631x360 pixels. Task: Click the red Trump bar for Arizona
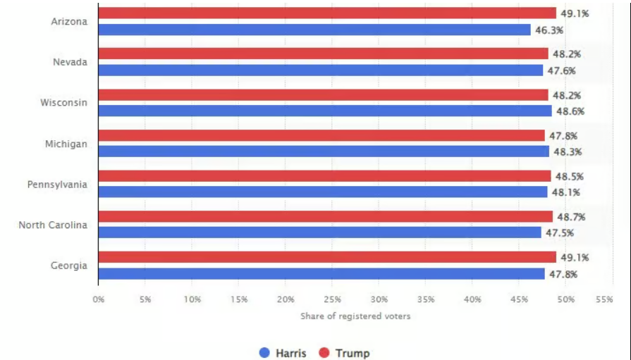click(x=327, y=13)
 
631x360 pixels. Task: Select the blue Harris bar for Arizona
click(x=314, y=30)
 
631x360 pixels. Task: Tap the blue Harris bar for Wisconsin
click(x=325, y=111)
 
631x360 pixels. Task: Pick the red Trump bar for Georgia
click(x=327, y=257)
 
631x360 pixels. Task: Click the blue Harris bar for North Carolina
click(x=319, y=232)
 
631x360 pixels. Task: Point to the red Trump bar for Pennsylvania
click(x=324, y=176)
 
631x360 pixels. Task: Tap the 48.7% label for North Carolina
click(x=570, y=217)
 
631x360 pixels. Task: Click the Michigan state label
click(x=66, y=144)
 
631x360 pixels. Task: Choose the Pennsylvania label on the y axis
click(x=58, y=185)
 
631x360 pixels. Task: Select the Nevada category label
click(x=70, y=62)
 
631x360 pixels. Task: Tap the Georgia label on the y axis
click(x=69, y=266)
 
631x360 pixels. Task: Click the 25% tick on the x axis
click(x=332, y=299)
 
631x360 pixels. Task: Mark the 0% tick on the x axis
click(x=99, y=299)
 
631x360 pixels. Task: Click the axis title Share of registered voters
click(x=355, y=316)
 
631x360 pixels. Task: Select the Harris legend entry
click(x=283, y=353)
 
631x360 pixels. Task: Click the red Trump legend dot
click(x=325, y=353)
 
